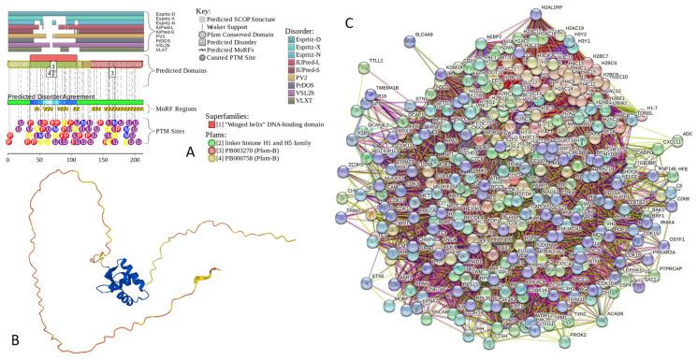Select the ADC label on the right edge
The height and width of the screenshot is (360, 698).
(687, 134)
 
